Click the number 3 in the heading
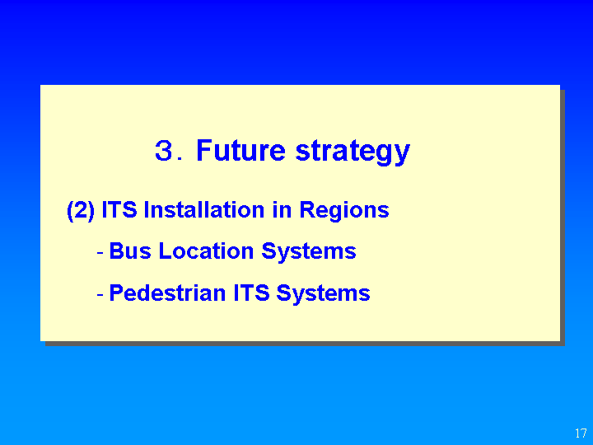point(164,150)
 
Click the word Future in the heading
point(240,150)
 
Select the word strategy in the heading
point(353,152)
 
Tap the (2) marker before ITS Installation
point(81,210)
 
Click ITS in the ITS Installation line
point(119,209)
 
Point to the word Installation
point(204,209)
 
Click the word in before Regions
point(282,209)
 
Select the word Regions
point(344,211)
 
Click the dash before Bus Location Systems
point(100,252)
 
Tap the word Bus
point(130,251)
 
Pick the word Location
point(206,251)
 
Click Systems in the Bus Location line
point(309,252)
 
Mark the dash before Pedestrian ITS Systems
point(100,293)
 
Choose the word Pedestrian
point(167,293)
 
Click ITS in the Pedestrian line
point(251,293)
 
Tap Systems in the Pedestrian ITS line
point(323,294)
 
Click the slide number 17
point(581,433)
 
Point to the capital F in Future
point(204,150)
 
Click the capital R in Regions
point(308,209)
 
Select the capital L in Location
point(166,251)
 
